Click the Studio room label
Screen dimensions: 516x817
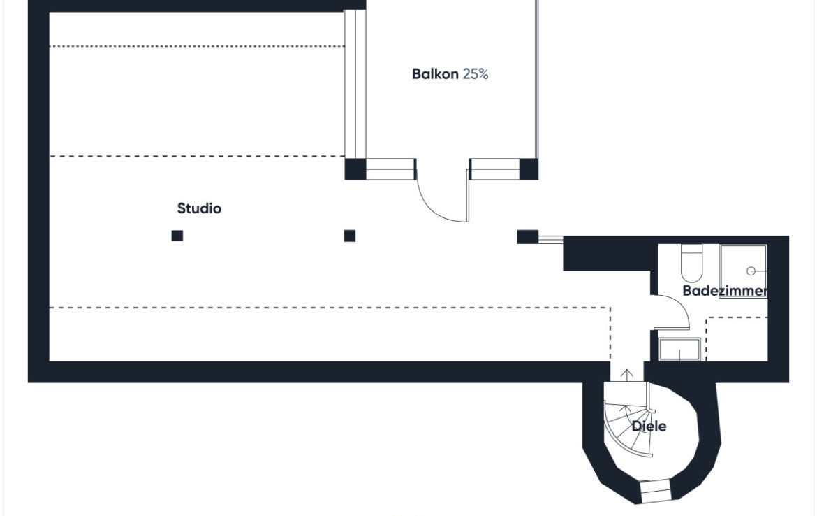click(199, 208)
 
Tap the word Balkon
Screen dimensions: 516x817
click(435, 74)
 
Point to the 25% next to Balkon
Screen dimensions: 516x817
click(476, 74)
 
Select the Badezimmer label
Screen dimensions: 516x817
click(725, 291)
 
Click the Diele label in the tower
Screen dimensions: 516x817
click(649, 426)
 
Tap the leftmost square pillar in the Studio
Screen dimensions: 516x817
click(177, 236)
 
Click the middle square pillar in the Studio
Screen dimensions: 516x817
click(350, 236)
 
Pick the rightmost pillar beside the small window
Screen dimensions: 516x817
click(527, 237)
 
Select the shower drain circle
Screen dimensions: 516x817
click(751, 271)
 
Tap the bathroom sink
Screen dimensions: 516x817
click(679, 350)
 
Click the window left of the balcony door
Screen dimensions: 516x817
click(390, 169)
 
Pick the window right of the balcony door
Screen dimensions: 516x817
click(494, 169)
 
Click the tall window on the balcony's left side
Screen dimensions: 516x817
click(355, 84)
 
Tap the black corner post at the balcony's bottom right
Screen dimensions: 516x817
click(529, 169)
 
